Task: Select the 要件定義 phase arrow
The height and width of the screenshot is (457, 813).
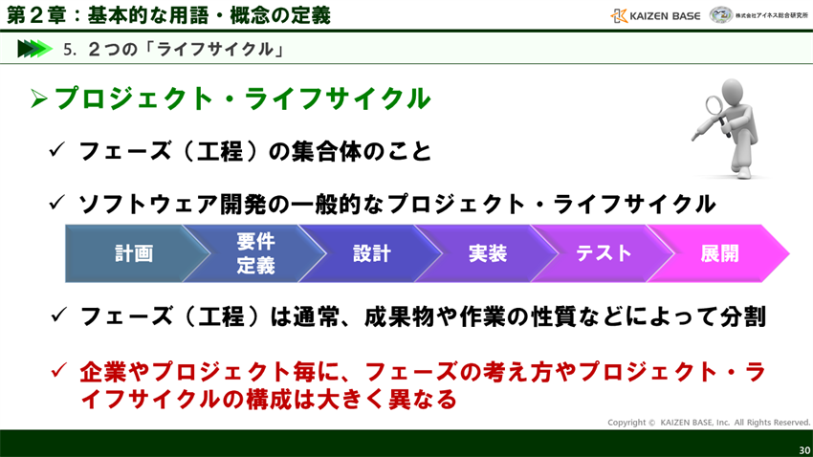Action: coord(255,253)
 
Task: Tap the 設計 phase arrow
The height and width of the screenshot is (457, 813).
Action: coord(371,253)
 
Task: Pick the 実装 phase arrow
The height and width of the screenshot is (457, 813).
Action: coord(487,253)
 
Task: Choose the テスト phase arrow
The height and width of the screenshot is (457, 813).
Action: coord(604,253)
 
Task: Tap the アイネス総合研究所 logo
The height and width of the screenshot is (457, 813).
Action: coord(759,15)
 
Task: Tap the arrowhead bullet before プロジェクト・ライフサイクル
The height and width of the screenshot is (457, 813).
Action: coord(39,98)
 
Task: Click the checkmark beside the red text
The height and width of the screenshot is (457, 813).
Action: coord(58,369)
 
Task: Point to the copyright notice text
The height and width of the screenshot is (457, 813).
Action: coord(708,422)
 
